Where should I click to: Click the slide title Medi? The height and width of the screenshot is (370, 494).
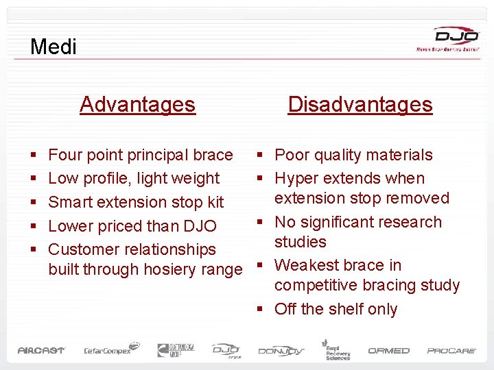point(54,47)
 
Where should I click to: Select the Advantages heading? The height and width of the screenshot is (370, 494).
point(137,104)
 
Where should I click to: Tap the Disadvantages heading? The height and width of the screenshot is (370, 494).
point(360,104)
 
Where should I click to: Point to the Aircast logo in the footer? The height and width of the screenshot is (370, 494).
point(41,350)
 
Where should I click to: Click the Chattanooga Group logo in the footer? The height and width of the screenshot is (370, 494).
point(176,349)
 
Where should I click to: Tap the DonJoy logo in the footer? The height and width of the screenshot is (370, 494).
point(280,351)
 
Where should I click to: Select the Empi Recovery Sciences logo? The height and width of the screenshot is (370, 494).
point(337,349)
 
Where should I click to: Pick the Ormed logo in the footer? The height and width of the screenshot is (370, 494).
point(388,350)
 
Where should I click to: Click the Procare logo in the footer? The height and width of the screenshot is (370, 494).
point(451,350)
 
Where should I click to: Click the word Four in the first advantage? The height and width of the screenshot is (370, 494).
point(65,155)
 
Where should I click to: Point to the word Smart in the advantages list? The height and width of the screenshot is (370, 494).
point(70,202)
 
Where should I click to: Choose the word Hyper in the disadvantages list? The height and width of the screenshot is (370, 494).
point(296,178)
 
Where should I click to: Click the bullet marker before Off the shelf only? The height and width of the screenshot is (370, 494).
point(261,310)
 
